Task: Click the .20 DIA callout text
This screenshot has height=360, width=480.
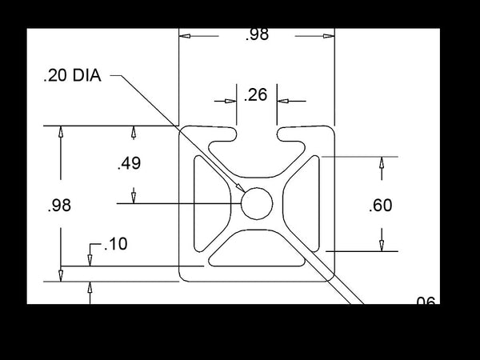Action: (72, 75)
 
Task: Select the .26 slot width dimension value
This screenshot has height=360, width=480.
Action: (256, 94)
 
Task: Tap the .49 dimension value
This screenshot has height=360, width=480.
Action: (129, 163)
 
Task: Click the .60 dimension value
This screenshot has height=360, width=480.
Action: (381, 205)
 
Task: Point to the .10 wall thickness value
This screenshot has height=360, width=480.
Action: (116, 244)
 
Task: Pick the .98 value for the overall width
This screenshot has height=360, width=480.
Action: (257, 34)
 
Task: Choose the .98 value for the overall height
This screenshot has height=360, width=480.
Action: (59, 205)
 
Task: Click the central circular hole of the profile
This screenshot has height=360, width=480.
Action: (257, 203)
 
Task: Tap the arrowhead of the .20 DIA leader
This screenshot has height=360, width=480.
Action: (240, 188)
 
